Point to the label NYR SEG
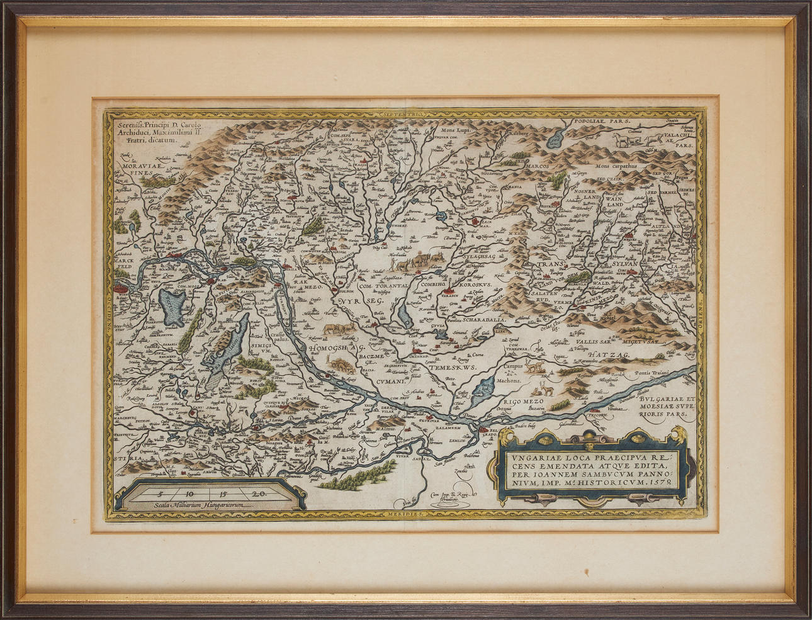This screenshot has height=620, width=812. pos(356,302)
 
